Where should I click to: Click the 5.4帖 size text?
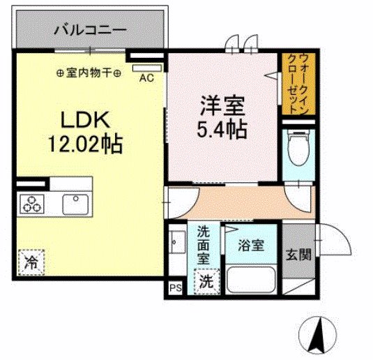tap(222, 130)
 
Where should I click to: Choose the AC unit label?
tap(146, 78)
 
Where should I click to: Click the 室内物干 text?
tap(89, 72)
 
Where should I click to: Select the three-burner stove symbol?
tap(31, 204)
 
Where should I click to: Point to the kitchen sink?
tap(75, 204)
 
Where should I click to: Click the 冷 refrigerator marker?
tap(31, 263)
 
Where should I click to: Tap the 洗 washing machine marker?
tap(207, 282)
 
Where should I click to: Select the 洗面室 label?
tap(204, 244)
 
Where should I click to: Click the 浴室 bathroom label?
tap(250, 246)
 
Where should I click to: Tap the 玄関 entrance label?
tap(299, 255)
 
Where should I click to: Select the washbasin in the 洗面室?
tap(176, 243)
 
